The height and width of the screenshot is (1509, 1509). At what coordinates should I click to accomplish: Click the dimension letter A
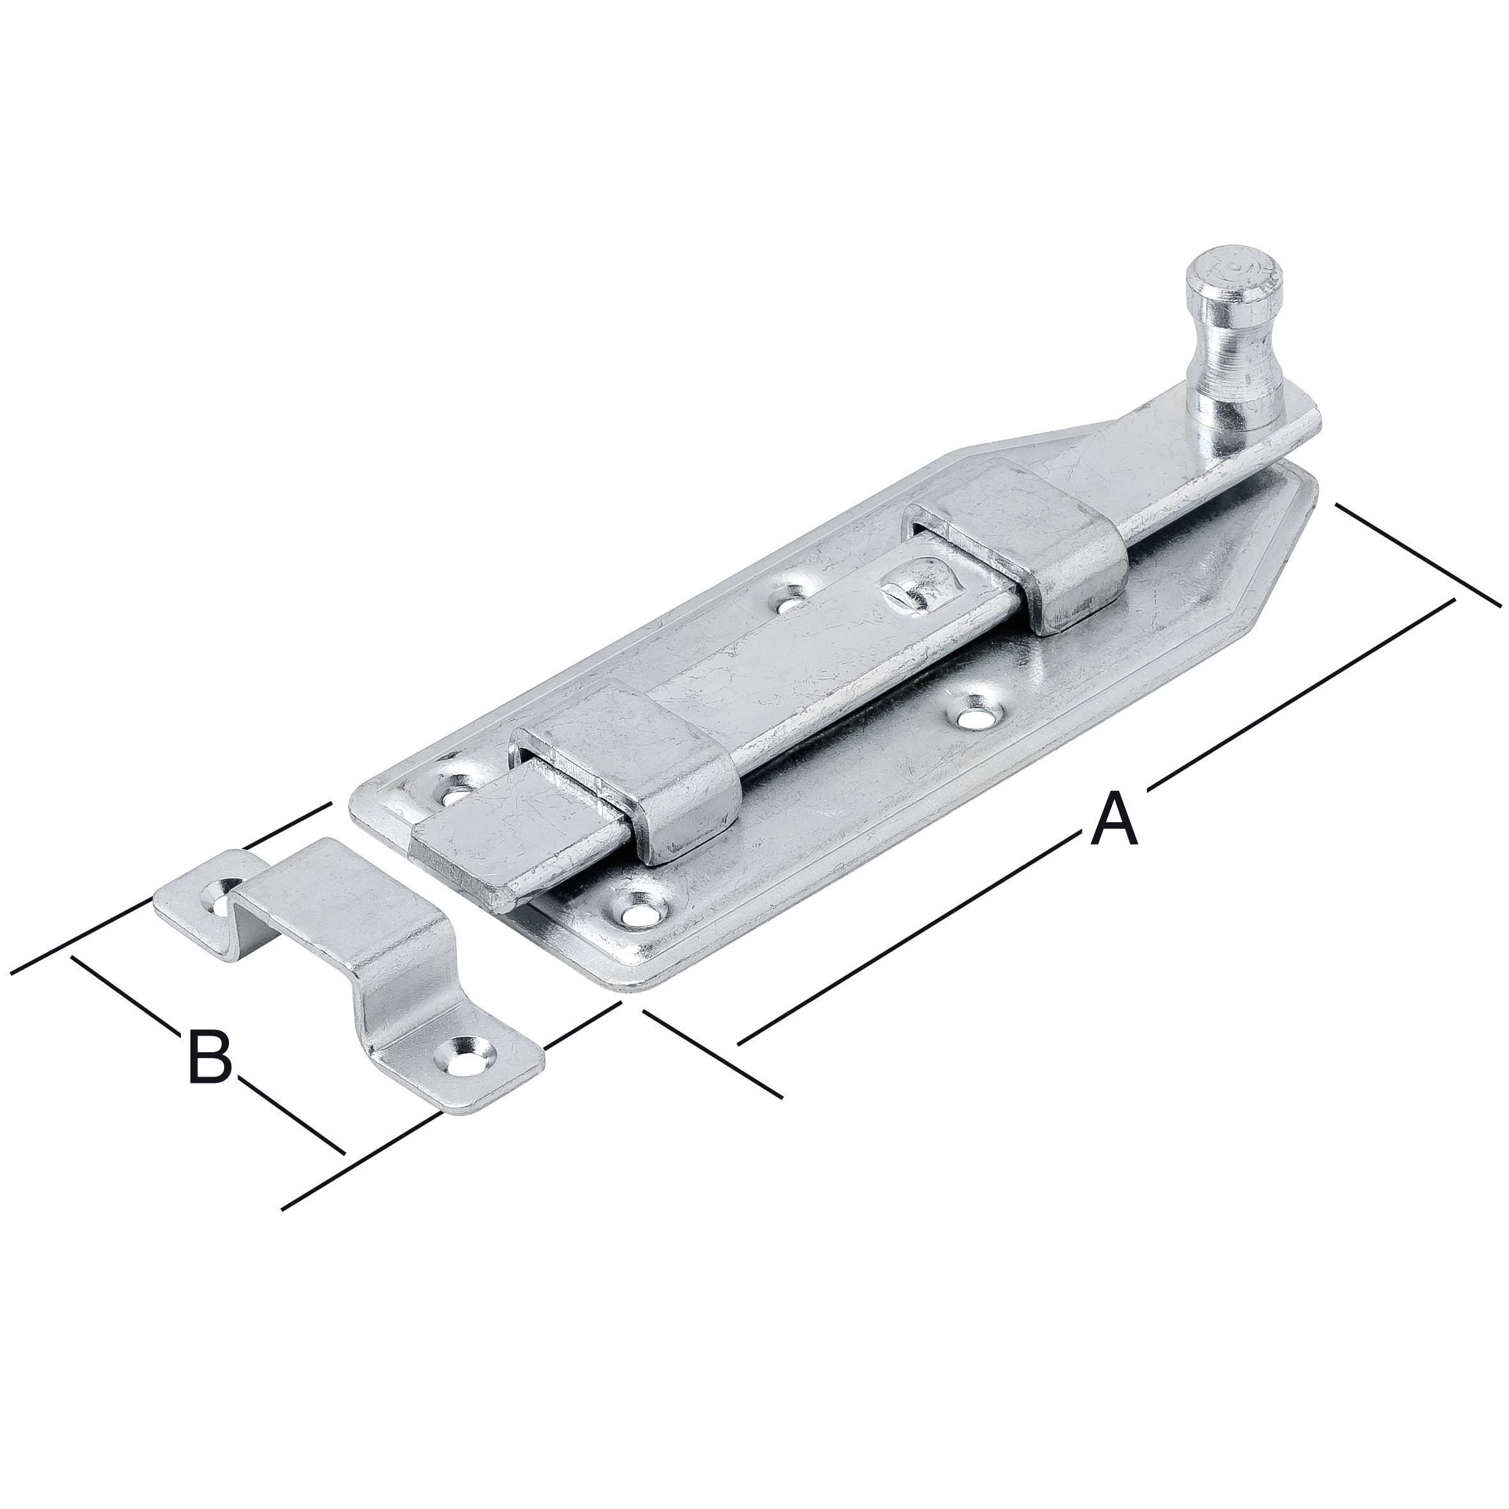click(1115, 818)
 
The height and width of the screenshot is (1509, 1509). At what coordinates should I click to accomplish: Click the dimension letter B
click(210, 1057)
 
